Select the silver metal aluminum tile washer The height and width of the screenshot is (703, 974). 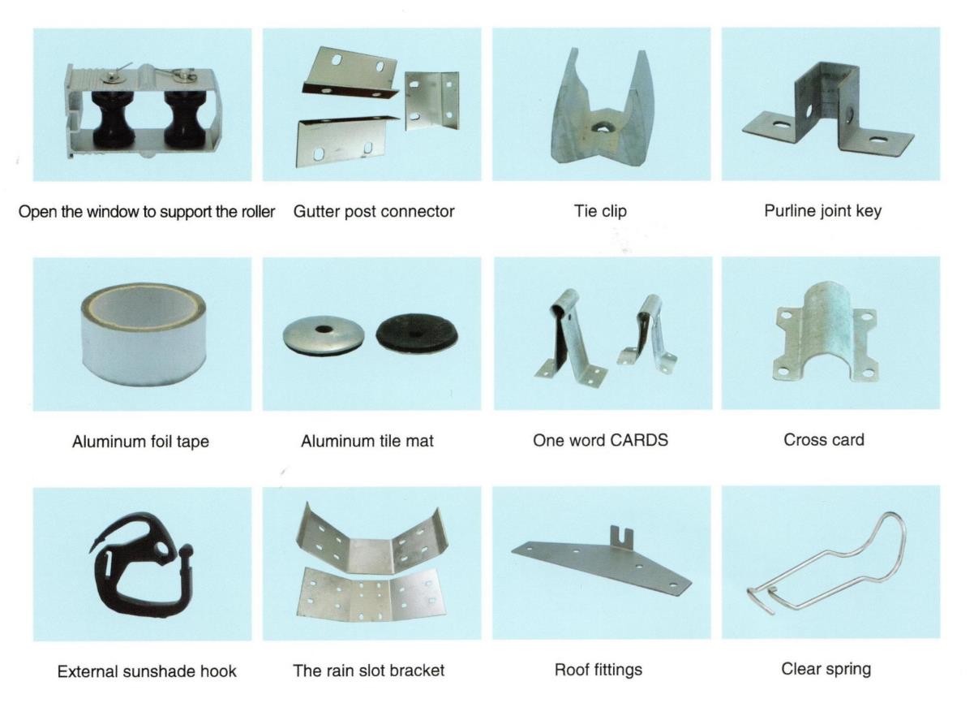[x=323, y=334]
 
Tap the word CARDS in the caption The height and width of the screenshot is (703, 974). [x=640, y=440]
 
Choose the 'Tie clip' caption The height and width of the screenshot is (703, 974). [x=600, y=211]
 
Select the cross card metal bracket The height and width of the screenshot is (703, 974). [x=828, y=334]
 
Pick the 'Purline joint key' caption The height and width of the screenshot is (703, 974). [x=822, y=211]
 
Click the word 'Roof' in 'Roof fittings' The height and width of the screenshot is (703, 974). [x=571, y=670]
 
